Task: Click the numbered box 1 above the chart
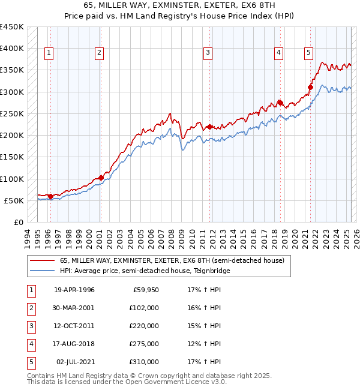click(49, 53)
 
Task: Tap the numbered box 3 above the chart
click(208, 53)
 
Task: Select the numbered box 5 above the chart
click(308, 53)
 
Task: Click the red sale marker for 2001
click(101, 178)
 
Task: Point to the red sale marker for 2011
click(209, 127)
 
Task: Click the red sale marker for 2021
click(311, 88)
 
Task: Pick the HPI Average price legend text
click(144, 271)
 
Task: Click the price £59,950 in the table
click(145, 290)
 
